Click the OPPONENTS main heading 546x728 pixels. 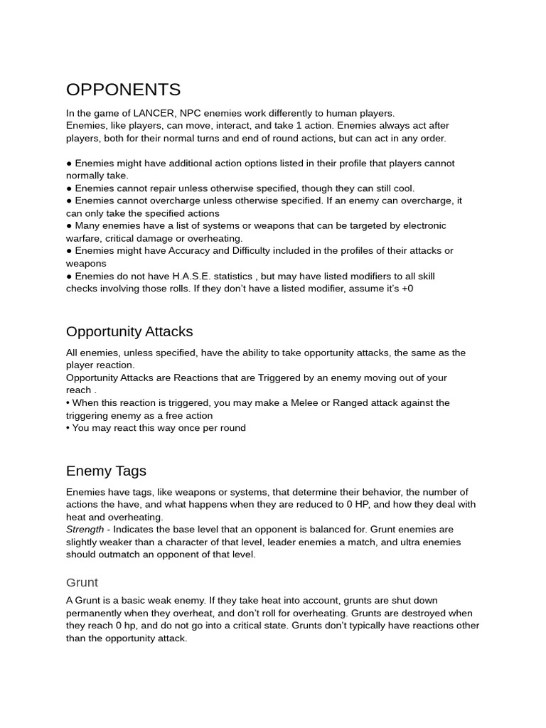click(123, 90)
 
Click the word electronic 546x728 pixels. click(421, 226)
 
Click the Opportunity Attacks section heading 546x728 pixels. click(129, 332)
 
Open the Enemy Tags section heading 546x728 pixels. click(106, 471)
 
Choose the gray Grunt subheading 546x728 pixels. click(82, 582)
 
